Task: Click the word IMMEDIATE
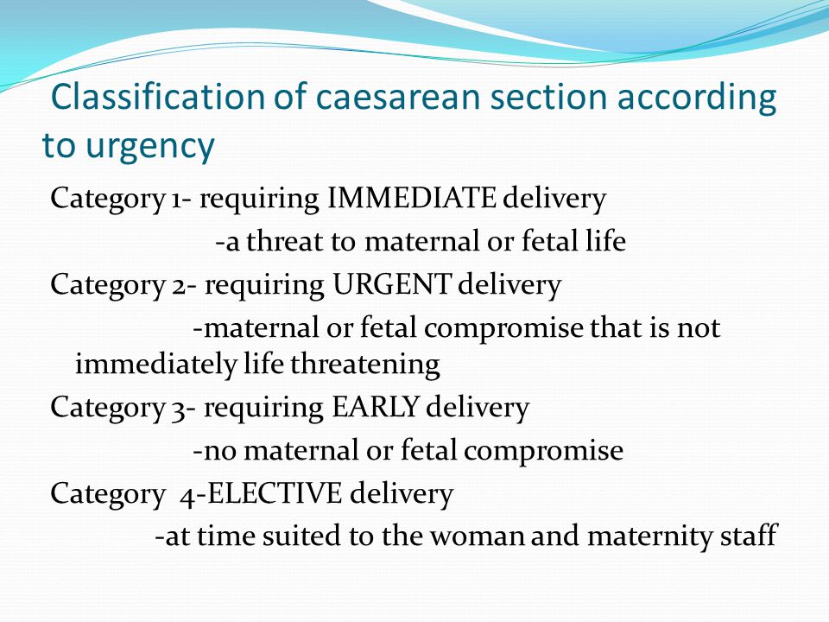click(x=411, y=199)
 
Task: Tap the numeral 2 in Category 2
click(x=177, y=287)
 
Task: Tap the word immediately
click(x=155, y=365)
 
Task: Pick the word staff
click(x=749, y=536)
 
